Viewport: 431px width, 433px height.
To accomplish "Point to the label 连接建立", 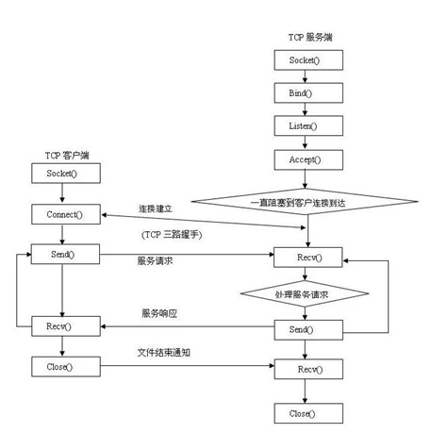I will (158, 208).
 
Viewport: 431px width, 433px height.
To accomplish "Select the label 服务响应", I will (160, 312).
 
